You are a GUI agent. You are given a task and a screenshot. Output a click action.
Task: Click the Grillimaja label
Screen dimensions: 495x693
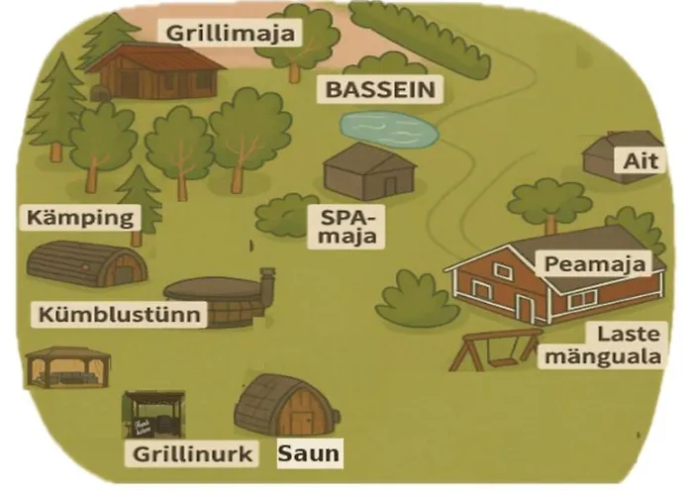[x=231, y=34]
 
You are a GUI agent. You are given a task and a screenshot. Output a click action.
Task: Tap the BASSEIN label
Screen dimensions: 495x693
[x=382, y=91]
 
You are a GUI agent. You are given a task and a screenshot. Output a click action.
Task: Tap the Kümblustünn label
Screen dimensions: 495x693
[x=124, y=316]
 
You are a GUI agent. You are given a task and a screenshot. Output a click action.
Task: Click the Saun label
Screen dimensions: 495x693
[x=308, y=454]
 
